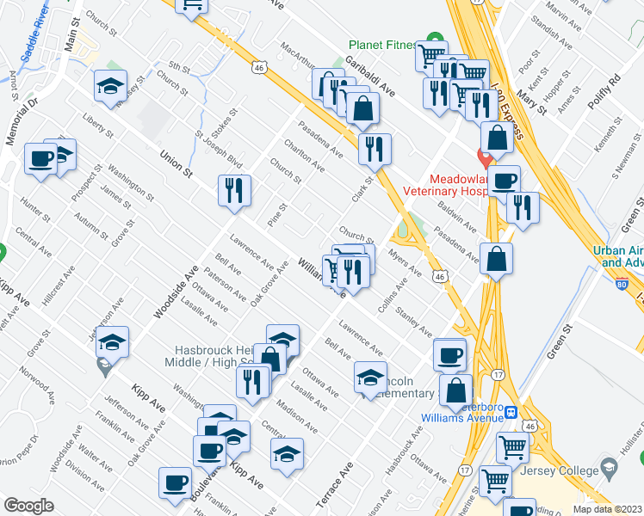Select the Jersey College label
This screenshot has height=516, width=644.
click(x=563, y=470)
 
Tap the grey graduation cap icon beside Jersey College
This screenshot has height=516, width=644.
click(x=610, y=470)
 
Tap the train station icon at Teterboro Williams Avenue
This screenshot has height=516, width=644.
click(x=510, y=412)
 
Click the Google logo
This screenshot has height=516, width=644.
click(x=28, y=506)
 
